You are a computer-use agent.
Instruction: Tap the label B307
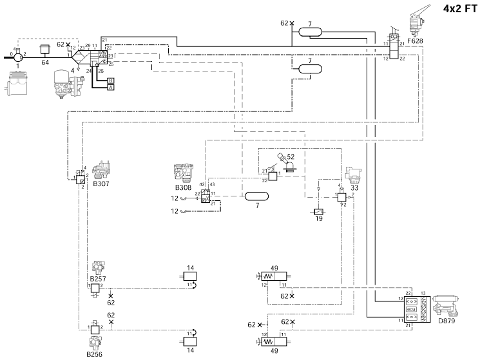pyautogui.click(x=102, y=184)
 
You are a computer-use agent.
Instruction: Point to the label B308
pyautogui.click(x=184, y=188)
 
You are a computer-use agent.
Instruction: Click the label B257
pyautogui.click(x=97, y=278)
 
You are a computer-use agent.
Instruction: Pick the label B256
pyautogui.click(x=95, y=354)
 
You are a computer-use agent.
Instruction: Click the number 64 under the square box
pyautogui.click(x=45, y=62)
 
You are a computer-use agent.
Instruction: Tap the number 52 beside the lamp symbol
pyautogui.click(x=291, y=156)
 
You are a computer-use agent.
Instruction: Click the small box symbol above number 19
pyautogui.click(x=318, y=211)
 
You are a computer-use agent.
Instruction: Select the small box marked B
pyautogui.click(x=111, y=81)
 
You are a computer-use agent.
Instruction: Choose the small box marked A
pyautogui.click(x=111, y=87)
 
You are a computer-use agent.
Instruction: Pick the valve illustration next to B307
pyautogui.click(x=104, y=170)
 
